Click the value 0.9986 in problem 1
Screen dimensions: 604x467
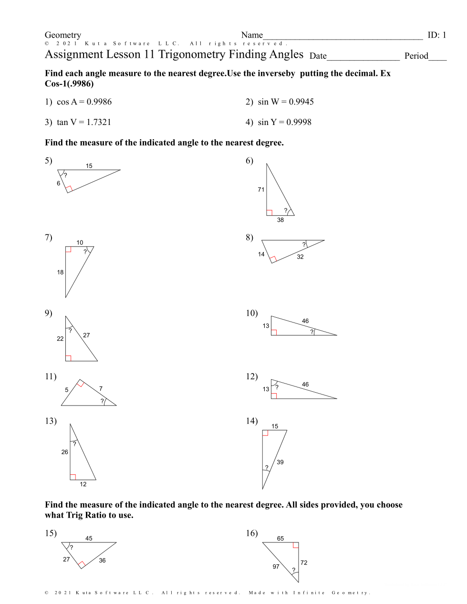tap(99, 102)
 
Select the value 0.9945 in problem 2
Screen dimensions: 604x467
tap(301, 102)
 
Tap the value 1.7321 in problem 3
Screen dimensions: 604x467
tap(99, 122)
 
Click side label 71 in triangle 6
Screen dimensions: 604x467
tap(261, 189)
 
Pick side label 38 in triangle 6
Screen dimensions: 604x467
tap(280, 220)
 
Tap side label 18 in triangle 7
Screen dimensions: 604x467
tap(60, 272)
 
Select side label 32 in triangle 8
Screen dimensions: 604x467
tap(300, 257)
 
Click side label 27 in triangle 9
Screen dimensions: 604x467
tap(86, 335)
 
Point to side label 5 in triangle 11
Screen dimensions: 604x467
tap(67, 390)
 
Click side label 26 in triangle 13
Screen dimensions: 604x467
tap(65, 452)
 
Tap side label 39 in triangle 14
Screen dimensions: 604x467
tap(280, 462)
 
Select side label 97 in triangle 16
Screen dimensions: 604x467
tap(276, 567)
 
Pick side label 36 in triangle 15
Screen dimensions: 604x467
tap(102, 561)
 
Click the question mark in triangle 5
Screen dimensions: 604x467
tap(65, 175)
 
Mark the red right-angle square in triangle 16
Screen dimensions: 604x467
tap(296, 545)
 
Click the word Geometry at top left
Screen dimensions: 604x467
tap(63, 35)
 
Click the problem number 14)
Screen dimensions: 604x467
tap(252, 421)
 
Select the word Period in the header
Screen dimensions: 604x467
tap(416, 56)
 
